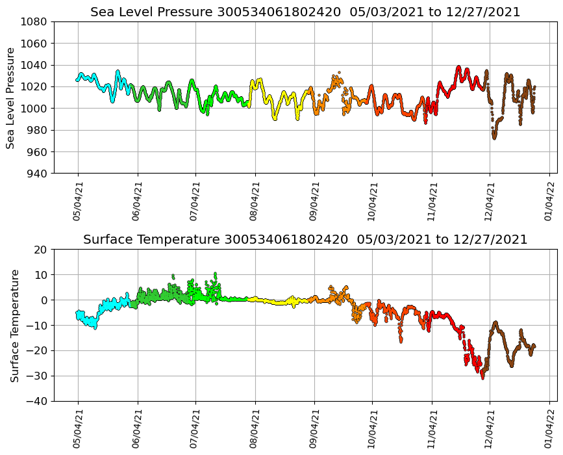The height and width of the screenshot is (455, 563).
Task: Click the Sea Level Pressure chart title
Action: pyautogui.click(x=305, y=12)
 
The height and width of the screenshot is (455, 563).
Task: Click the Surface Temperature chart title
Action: pyautogui.click(x=305, y=240)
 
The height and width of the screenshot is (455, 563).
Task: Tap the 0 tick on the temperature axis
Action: pyautogui.click(x=45, y=300)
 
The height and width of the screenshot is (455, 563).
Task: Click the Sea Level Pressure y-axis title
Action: pyautogui.click(x=11, y=97)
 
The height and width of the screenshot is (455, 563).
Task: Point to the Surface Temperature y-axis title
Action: pyautogui.click(x=14, y=325)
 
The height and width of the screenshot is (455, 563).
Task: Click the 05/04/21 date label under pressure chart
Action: pyautogui.click(x=77, y=201)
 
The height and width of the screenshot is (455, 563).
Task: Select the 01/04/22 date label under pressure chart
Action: pyautogui.click(x=549, y=201)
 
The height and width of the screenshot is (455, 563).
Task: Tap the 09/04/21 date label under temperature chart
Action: pyautogui.click(x=314, y=429)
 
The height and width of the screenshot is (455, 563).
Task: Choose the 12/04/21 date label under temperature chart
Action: pyautogui.click(x=490, y=429)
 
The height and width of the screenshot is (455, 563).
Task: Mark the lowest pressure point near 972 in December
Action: pyautogui.click(x=494, y=138)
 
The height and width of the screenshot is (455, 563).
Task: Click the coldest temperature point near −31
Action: pyautogui.click(x=482, y=378)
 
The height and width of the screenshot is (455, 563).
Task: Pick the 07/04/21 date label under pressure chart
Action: pyautogui.click(x=195, y=201)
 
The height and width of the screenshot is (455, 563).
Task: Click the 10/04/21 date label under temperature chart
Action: pyautogui.click(x=372, y=429)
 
